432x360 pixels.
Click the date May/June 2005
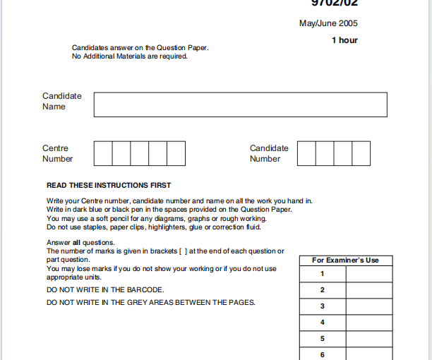pos(328,24)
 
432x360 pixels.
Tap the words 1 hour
pos(344,40)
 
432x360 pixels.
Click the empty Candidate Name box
pos(240,104)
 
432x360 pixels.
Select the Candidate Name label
pos(62,101)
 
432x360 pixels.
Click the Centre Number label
pos(57,153)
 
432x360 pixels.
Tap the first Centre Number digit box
pos(103,153)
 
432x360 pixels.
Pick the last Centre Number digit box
pos(176,153)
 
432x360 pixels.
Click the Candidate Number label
pos(269,153)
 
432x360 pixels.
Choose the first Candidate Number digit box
pos(306,153)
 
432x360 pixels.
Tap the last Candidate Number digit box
pos(361,153)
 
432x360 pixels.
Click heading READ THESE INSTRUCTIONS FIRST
pos(109,186)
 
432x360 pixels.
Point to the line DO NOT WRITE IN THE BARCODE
pos(105,290)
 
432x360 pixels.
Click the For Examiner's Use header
pos(345,260)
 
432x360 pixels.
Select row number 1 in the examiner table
pos(323,274)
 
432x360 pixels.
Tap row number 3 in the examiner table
pos(323,306)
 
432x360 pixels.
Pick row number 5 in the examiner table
pos(323,339)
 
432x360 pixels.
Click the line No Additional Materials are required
pos(130,56)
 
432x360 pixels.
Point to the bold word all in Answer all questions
pos(77,243)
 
